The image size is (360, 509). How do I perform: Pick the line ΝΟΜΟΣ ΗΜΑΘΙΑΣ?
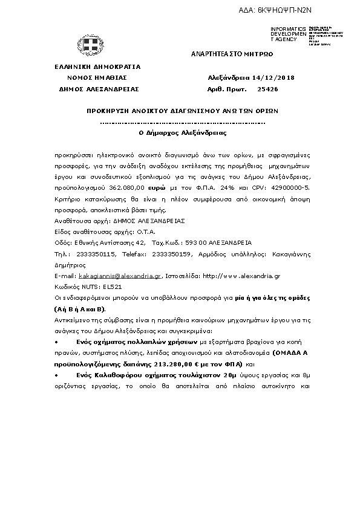point(97,78)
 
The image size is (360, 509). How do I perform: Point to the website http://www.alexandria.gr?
point(242,275)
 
